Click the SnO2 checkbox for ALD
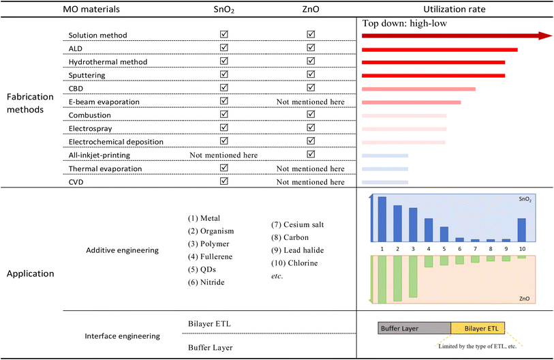[x=224, y=48]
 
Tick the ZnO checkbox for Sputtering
[x=311, y=74]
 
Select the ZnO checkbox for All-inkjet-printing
[x=311, y=155]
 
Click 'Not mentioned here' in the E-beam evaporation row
[x=311, y=102]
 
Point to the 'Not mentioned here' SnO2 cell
[x=224, y=155]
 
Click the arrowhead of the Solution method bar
[x=543, y=35]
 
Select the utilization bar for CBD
[x=418, y=89]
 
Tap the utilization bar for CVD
[x=385, y=182]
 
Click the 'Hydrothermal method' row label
[x=108, y=62]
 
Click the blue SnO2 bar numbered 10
[x=521, y=230]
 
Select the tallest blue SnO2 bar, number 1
[x=382, y=219]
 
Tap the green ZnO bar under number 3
[x=413, y=277]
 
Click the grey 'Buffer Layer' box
[x=414, y=328]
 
